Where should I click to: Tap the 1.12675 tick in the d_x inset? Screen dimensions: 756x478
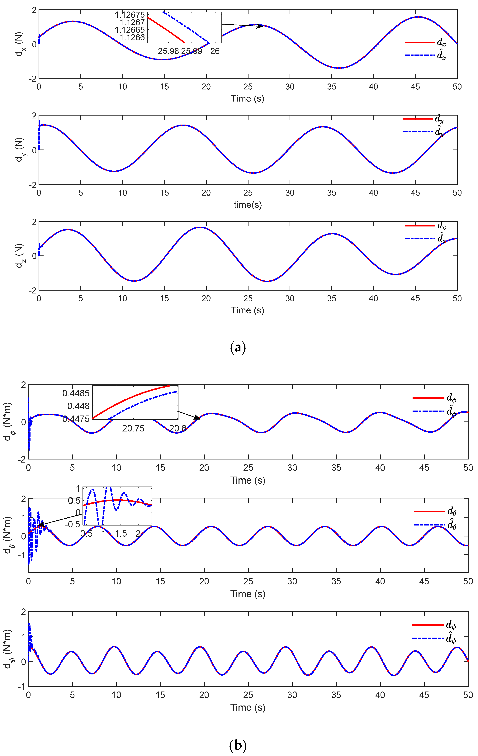[x=130, y=15]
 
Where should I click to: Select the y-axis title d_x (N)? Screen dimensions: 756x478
[x=19, y=44]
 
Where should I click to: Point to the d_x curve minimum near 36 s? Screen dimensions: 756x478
[x=340, y=68]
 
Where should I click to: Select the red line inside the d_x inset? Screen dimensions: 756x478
[x=166, y=30]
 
